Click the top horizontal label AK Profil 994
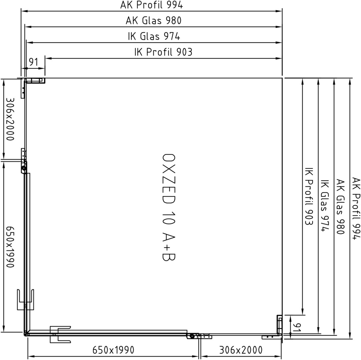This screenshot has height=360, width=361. click(151, 5)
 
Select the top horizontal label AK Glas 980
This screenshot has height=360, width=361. click(153, 20)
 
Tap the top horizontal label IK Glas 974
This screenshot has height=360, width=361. click(154, 36)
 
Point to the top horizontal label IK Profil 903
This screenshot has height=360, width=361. click(163, 52)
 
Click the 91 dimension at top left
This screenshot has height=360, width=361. click(34, 62)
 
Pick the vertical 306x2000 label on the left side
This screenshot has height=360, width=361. click(10, 119)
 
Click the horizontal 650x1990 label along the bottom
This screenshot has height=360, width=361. click(113, 350)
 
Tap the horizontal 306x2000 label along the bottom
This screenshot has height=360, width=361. click(241, 350)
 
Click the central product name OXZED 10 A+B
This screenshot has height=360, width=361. click(169, 207)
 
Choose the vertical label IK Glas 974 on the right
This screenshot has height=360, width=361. click(325, 206)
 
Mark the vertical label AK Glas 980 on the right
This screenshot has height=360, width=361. click(341, 207)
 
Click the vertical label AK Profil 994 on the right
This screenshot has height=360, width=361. click(356, 208)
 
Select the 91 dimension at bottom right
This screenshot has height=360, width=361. click(298, 327)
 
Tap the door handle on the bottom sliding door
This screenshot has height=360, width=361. click(60, 334)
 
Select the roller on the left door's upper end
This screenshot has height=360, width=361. click(23, 168)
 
